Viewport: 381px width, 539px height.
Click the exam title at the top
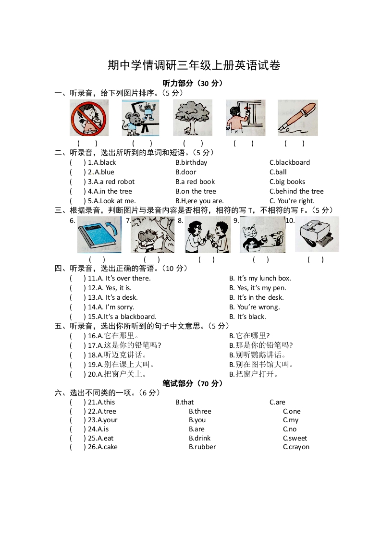[194, 65]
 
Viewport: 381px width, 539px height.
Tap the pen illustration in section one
[297, 118]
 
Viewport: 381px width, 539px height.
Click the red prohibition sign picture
[89, 118]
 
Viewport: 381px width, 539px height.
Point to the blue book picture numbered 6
[99, 234]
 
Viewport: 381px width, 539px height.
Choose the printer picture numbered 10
[317, 234]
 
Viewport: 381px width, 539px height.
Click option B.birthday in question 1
[191, 162]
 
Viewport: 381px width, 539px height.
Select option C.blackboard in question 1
[289, 162]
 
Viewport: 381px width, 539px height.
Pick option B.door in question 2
[185, 172]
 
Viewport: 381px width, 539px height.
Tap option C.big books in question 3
[287, 182]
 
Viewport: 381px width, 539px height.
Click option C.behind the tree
[296, 191]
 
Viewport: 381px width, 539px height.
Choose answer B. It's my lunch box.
[260, 278]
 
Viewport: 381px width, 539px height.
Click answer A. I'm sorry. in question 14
[111, 307]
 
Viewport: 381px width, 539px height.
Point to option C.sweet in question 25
[295, 438]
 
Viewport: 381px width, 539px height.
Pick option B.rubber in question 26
[202, 447]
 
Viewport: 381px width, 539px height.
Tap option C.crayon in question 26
[296, 447]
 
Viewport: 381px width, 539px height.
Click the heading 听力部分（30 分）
[193, 83]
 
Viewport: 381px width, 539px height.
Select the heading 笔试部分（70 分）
[193, 383]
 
